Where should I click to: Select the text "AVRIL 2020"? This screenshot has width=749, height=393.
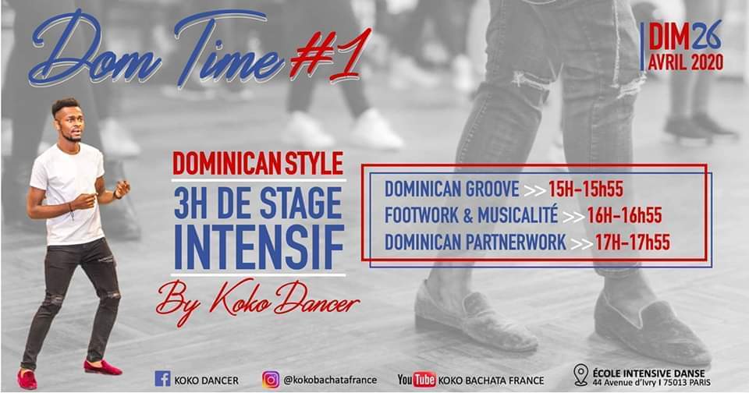pos(686,62)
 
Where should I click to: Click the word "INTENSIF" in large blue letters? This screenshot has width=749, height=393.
pos(259,248)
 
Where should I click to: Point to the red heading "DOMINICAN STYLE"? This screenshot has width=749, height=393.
pos(258,163)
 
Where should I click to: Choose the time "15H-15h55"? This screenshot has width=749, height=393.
pos(586,189)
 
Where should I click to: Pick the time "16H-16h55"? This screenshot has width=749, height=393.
pos(624,216)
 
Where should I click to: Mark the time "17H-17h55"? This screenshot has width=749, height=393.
pos(632,243)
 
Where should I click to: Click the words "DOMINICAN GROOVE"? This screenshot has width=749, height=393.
pos(452,189)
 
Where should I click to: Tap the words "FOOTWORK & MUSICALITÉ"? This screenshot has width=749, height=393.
pos(471,215)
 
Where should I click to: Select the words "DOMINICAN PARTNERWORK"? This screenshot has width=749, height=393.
pos(475,243)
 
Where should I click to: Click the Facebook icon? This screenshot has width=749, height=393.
pos(162,379)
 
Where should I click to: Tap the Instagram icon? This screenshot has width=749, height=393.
pos(271,380)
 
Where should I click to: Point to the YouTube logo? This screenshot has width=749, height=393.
pos(417,380)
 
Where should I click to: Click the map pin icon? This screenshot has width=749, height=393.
pos(580,375)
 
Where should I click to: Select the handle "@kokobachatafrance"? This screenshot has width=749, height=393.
pos(330,380)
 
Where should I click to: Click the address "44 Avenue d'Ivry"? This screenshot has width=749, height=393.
pos(624,383)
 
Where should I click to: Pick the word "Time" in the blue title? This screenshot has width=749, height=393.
pos(229,50)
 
